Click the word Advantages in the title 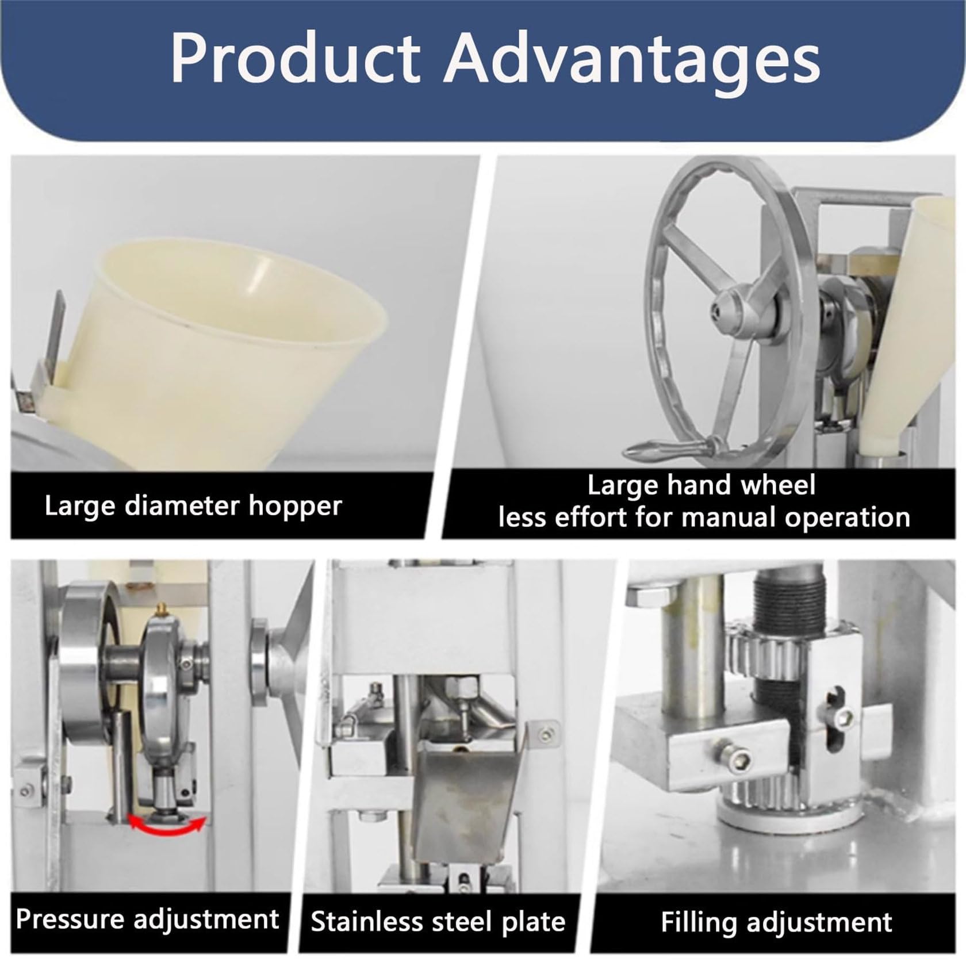coord(632,59)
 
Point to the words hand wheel coord(741,485)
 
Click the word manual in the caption coord(729,517)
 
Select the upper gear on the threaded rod coord(770,643)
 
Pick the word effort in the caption coord(595,517)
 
